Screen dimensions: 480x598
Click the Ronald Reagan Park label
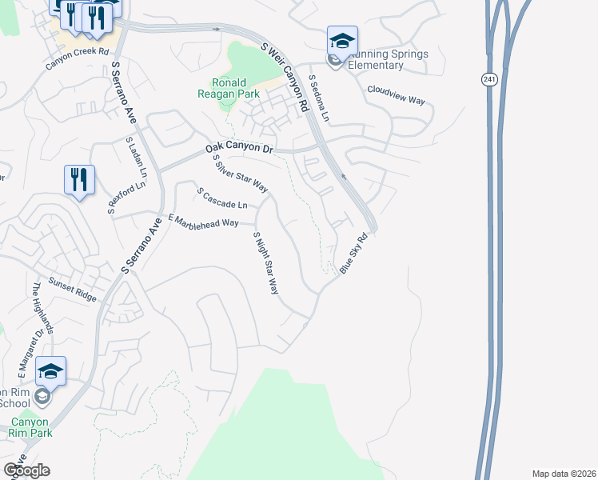(229, 87)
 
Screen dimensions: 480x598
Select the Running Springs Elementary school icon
(342, 42)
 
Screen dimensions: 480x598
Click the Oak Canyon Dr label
(239, 149)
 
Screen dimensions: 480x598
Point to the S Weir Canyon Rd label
(285, 77)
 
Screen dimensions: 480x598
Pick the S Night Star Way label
(265, 263)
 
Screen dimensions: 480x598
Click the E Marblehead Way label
(203, 221)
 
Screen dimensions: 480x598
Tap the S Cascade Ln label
(221, 199)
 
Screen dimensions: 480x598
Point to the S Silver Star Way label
(239, 173)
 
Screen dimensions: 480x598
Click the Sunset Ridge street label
(72, 289)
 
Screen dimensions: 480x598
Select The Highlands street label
(42, 308)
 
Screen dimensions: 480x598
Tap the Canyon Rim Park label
(30, 427)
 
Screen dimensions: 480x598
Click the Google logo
(26, 470)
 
